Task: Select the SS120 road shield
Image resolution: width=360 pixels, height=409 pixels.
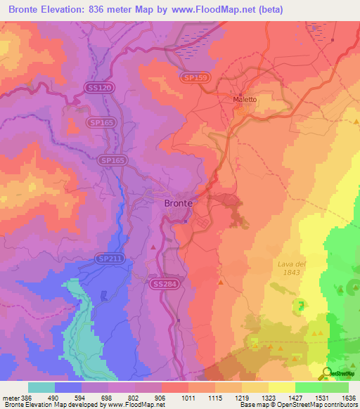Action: click(x=100, y=88)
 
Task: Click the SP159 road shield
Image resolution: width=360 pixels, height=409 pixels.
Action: click(x=194, y=77)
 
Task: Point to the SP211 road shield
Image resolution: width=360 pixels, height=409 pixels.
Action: click(x=110, y=259)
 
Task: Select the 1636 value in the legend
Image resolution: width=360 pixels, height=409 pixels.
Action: click(x=349, y=398)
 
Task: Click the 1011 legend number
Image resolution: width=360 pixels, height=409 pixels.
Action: click(x=189, y=398)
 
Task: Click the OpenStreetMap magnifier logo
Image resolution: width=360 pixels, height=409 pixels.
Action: click(x=326, y=372)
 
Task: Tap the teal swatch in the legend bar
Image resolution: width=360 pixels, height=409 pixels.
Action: click(x=41, y=387)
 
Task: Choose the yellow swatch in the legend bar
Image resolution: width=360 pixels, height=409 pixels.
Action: click(x=281, y=387)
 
